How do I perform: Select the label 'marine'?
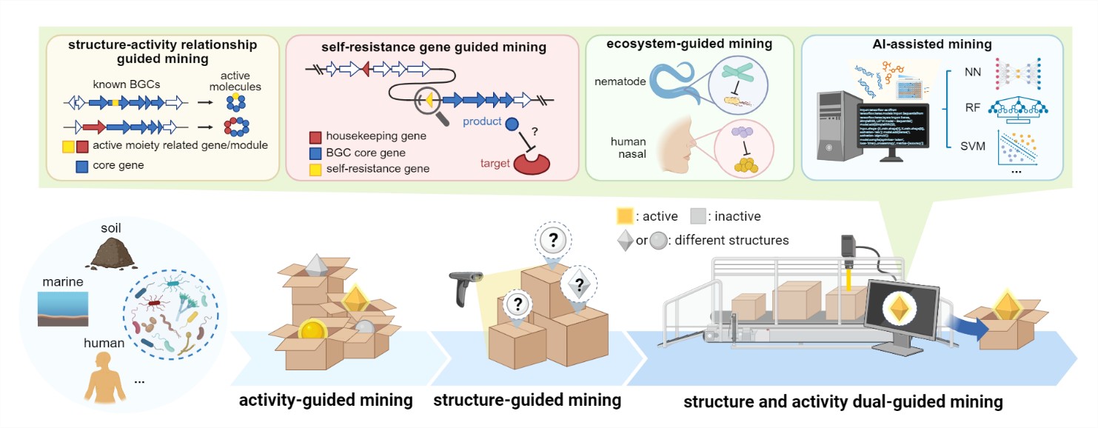[61, 282]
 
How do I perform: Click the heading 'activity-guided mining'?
[325, 401]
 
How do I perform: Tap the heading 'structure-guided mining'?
[526, 401]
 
